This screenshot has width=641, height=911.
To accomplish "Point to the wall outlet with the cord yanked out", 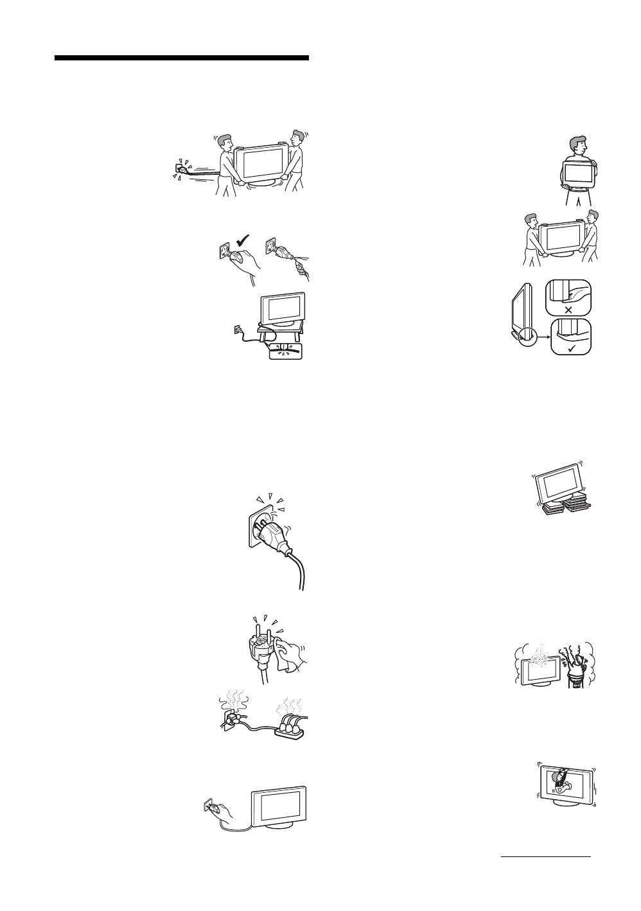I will pos(180,170).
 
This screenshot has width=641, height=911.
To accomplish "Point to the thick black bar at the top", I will pos(182,58).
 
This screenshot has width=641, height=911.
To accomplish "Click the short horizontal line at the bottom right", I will pos(545,856).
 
